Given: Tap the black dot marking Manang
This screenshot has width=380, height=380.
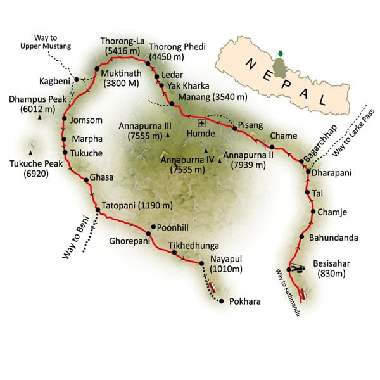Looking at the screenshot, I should click(170, 104).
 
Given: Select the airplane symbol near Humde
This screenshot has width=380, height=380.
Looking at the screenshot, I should click(201, 123).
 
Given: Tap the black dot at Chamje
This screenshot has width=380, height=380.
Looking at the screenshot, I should click(312, 212).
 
